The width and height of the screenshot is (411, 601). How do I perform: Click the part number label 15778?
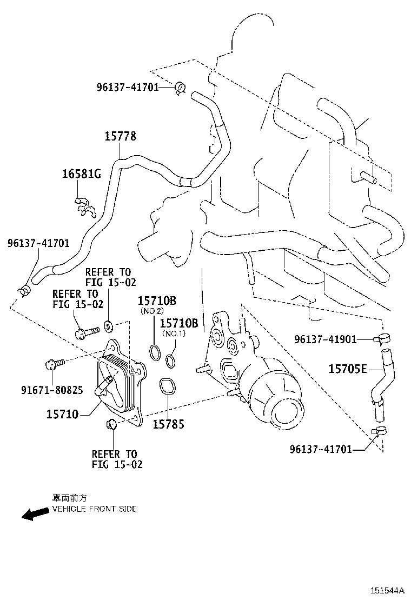[x=120, y=136]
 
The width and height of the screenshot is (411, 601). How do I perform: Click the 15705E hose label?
[x=348, y=369]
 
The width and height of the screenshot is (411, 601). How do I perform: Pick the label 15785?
[x=168, y=425]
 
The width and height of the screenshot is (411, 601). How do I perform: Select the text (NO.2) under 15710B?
[x=152, y=312]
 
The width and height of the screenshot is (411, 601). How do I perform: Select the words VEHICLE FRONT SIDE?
[x=94, y=509]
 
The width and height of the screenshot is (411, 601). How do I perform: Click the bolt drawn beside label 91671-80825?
[x=55, y=364]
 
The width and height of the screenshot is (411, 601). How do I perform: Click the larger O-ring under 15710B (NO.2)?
[x=154, y=352]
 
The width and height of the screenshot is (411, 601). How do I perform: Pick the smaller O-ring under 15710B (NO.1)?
[x=170, y=360]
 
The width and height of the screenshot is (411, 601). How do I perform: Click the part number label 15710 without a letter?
[x=63, y=415]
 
